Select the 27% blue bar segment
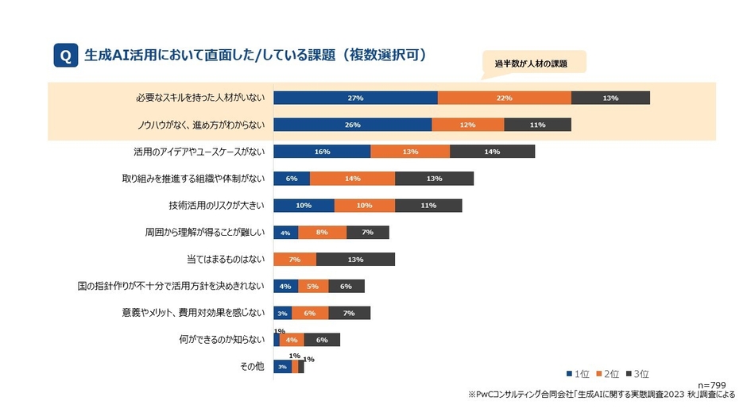355,98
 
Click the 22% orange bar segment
504,98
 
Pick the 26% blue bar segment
353,125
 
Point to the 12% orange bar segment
467,125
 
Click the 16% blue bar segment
322,152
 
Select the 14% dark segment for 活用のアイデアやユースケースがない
492,152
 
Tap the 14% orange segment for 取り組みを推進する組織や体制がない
352,179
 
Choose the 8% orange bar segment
322,233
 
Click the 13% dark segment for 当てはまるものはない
355,260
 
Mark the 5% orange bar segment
312,287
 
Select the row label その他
253,367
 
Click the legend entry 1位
578,373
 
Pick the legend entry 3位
639,373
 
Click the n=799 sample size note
711,384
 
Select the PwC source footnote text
602,395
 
